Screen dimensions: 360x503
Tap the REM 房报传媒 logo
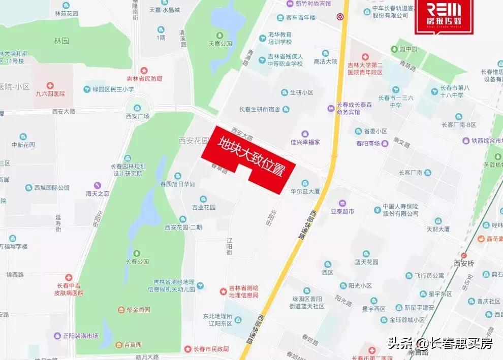(444, 16)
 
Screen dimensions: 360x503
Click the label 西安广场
(137, 116)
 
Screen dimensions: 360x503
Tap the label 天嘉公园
(220, 44)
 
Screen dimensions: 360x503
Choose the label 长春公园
(137, 261)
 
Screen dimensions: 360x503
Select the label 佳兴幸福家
(305, 142)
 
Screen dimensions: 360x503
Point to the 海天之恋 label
(98, 193)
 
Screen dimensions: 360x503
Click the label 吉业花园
(203, 207)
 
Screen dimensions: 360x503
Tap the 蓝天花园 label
(366, 261)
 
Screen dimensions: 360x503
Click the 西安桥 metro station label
(463, 264)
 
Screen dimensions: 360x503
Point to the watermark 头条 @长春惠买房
(440, 344)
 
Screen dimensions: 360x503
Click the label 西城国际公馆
(51, 187)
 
